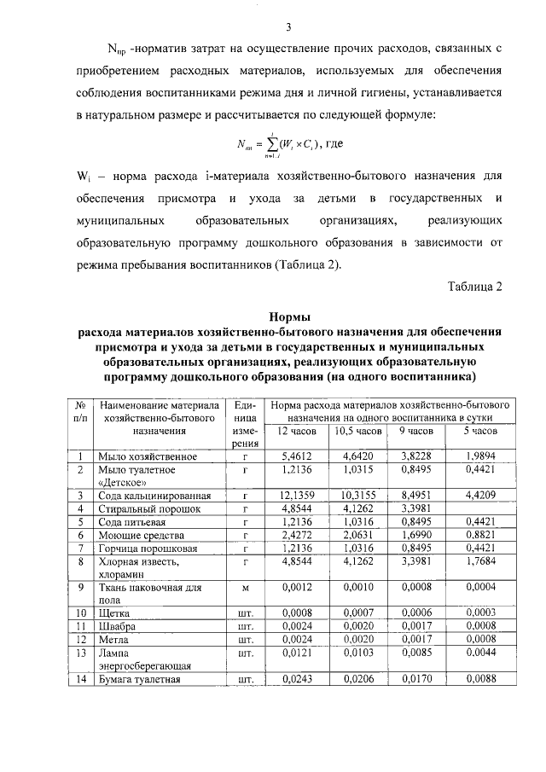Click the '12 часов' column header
click(x=297, y=432)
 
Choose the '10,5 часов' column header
click(x=357, y=432)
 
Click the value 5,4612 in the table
click(x=297, y=457)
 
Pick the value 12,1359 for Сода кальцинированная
click(x=297, y=495)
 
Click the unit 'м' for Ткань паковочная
click(x=245, y=587)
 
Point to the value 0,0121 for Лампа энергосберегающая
click(x=297, y=653)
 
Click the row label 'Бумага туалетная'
click(x=140, y=679)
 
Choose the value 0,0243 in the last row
click(x=297, y=679)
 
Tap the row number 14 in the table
click(x=79, y=679)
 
